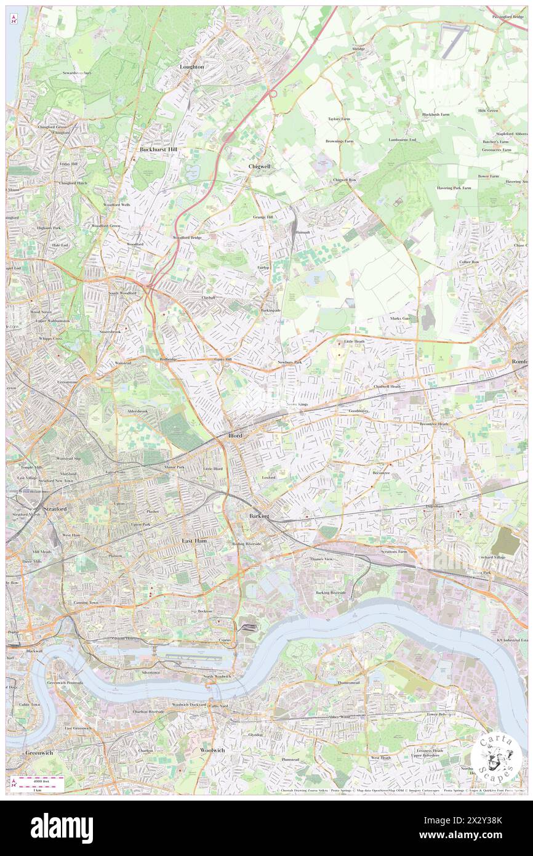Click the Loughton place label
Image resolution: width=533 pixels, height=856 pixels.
click(x=191, y=67)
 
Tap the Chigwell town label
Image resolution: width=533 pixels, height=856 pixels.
click(x=259, y=166)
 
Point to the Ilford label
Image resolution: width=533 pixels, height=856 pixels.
click(x=235, y=435)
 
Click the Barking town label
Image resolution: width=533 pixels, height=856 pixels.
click(x=259, y=515)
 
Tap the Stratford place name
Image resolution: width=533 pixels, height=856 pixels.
click(x=54, y=509)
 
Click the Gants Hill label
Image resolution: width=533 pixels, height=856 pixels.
click(x=223, y=359)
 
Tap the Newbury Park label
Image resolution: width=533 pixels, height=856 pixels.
click(x=290, y=362)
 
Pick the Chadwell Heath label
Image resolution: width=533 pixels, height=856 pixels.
click(x=387, y=386)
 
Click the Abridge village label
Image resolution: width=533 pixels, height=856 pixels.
click(x=358, y=49)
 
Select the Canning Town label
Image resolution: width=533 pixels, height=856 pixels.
click(x=86, y=602)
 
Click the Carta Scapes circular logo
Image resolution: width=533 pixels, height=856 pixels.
click(x=498, y=754)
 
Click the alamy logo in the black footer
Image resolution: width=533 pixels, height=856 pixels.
click(x=62, y=828)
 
